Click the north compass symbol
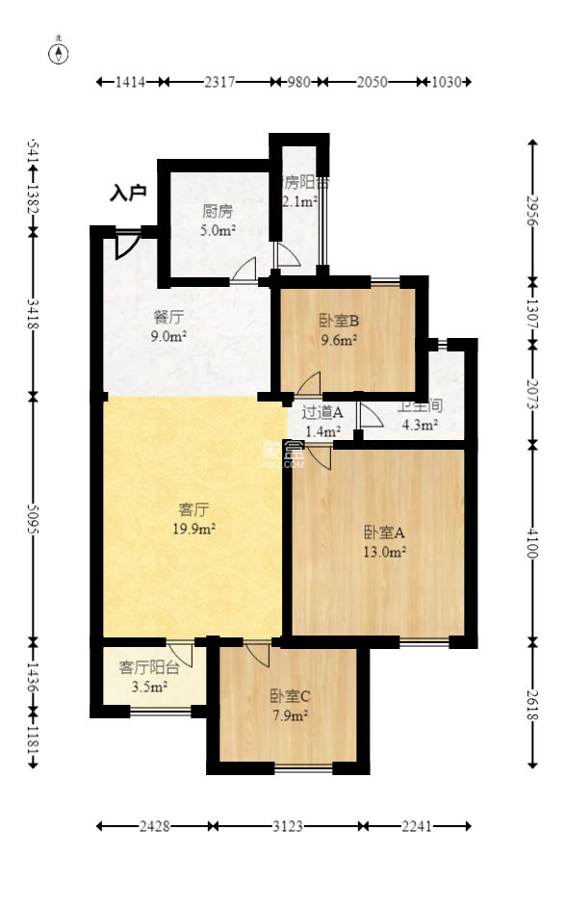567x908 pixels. pos(60,53)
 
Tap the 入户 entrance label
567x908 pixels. pos(127,194)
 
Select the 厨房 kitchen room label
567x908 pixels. pos(217,212)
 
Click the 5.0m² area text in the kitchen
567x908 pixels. pos(217,231)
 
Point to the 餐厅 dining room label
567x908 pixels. pos(168,317)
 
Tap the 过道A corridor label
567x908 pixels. pos(322,413)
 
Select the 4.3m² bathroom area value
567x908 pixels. pos(419,424)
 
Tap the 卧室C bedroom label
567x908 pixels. pos(288,695)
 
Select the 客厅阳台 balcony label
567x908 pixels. pos(148,667)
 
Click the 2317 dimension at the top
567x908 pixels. pos(219,83)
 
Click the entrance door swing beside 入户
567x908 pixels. pos(125,246)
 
